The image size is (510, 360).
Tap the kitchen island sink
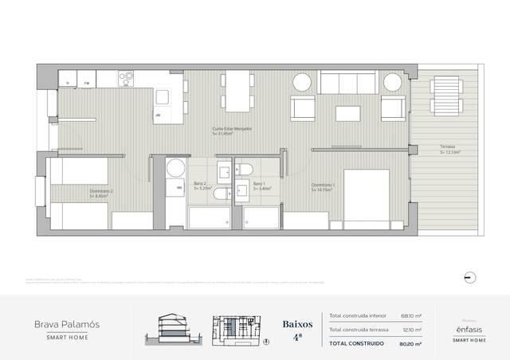pyautogui.click(x=163, y=97)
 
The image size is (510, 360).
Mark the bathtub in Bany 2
pyautogui.click(x=210, y=217)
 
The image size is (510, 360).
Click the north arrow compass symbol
pyautogui.click(x=469, y=276)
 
